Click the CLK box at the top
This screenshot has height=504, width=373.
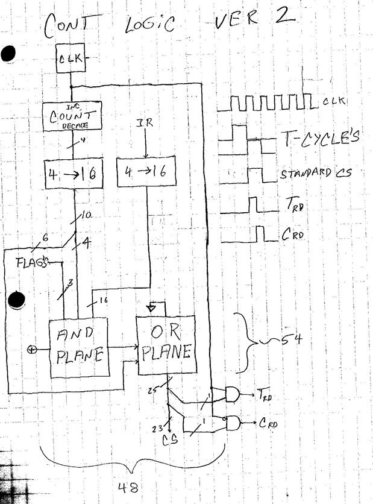point(72,60)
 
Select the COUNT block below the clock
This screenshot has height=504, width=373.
point(72,116)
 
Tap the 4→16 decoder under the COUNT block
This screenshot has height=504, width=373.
point(72,175)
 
